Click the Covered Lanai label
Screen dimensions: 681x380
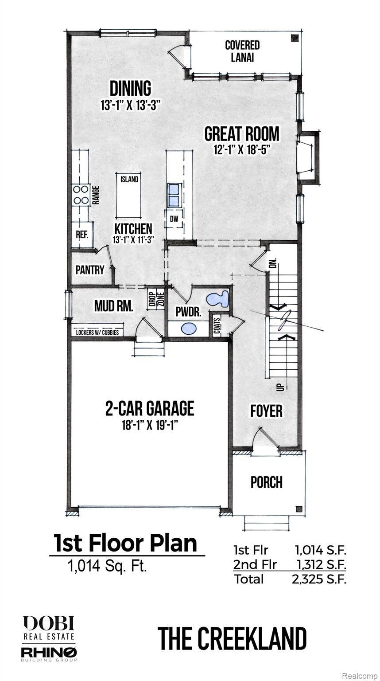pyautogui.click(x=242, y=51)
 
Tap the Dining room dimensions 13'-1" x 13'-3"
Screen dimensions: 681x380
pyautogui.click(x=130, y=106)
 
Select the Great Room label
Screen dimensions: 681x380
pyautogui.click(x=241, y=133)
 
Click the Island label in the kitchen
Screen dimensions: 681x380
pyautogui.click(x=129, y=180)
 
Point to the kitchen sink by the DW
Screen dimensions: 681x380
pyautogui.click(x=174, y=194)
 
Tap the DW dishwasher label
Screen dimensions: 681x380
pyautogui.click(x=174, y=218)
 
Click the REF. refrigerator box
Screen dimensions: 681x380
pyautogui.click(x=82, y=235)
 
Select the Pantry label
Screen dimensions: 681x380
pyautogui.click(x=89, y=270)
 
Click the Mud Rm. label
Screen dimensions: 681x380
pyautogui.click(x=113, y=306)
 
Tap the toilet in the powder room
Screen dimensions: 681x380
pyautogui.click(x=218, y=298)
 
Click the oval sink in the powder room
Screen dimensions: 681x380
pyautogui.click(x=189, y=329)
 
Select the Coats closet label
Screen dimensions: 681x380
pyautogui.click(x=217, y=327)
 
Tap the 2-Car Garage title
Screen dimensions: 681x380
pyautogui.click(x=150, y=408)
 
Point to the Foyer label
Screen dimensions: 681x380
pyautogui.click(x=267, y=411)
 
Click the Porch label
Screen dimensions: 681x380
pyautogui.click(x=267, y=482)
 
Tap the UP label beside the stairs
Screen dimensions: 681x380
pyautogui.click(x=279, y=387)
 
